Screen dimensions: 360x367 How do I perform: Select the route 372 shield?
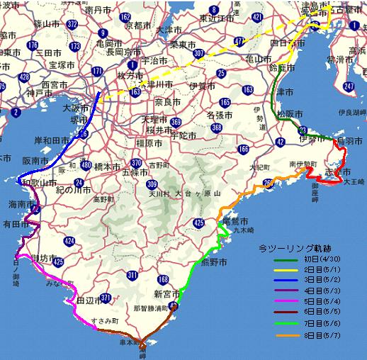(x=73, y=25)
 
